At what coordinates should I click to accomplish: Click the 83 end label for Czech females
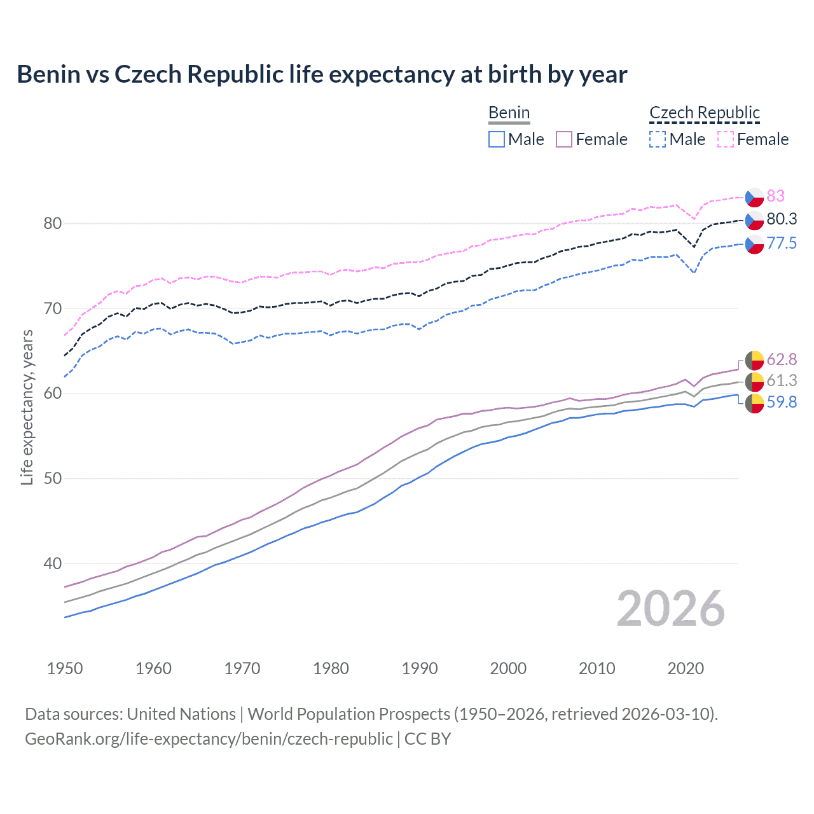[775, 196]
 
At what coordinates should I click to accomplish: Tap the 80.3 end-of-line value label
[782, 219]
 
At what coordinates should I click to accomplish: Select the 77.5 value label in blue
[782, 243]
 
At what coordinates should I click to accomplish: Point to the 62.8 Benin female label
[782, 359]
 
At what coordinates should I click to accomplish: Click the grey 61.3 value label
[782, 380]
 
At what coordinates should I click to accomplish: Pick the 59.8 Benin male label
[782, 402]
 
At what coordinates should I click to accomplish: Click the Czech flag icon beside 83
[754, 197]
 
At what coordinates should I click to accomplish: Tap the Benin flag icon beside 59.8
[754, 403]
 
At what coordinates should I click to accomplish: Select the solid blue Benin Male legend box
[497, 139]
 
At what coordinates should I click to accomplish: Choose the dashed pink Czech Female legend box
[726, 139]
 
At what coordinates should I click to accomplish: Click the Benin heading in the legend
[509, 113]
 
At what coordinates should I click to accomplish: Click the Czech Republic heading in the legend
[705, 113]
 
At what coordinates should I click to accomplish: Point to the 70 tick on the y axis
[53, 308]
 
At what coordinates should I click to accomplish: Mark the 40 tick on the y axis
[53, 563]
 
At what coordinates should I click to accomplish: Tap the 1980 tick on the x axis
[331, 668]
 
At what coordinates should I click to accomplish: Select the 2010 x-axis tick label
[597, 668]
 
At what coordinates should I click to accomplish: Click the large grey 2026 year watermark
[670, 609]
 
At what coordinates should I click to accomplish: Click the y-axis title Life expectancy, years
[27, 407]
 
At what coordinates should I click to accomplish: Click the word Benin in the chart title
[48, 74]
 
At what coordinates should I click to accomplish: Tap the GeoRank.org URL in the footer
[209, 739]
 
